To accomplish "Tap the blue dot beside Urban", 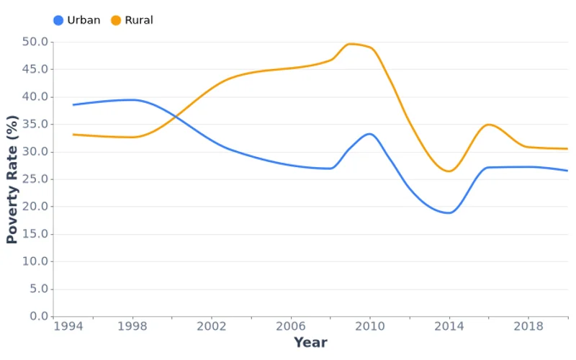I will [x=58, y=20].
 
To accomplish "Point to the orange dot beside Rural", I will [x=116, y=20].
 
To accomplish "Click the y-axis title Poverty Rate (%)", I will [x=12, y=179].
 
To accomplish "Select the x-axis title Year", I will [x=310, y=343].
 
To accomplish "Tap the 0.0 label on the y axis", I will [x=38, y=316].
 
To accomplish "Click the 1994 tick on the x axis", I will [x=68, y=326].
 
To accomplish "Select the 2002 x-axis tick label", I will [x=212, y=326].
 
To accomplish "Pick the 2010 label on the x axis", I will [x=370, y=326].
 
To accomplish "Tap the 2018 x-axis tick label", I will [x=528, y=326].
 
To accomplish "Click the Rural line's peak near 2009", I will [x=351, y=44].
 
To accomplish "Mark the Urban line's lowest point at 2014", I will [x=449, y=213].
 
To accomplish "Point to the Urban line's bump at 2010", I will [x=369, y=134].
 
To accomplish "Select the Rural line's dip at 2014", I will [x=449, y=171].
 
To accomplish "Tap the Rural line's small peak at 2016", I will [x=489, y=125].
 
